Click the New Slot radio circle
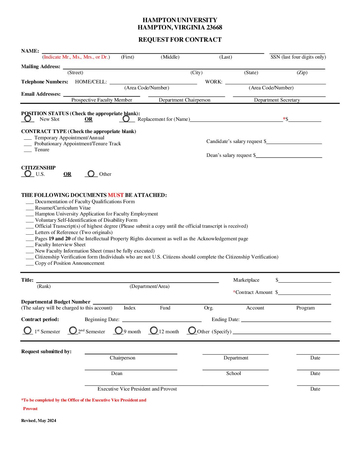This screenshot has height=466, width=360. [28, 118]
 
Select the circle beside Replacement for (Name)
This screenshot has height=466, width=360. [126, 118]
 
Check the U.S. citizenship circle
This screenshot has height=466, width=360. [28, 173]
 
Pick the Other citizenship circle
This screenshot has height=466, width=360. [91, 174]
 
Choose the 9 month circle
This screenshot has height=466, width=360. [118, 330]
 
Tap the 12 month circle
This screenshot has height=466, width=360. [154, 330]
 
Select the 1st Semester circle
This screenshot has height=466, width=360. [28, 331]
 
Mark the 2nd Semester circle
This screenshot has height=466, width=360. [73, 330]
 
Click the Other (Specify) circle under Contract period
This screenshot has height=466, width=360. [192, 330]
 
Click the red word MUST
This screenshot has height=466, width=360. [115, 195]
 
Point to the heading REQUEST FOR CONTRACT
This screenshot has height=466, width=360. [180, 40]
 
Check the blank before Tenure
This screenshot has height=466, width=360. [28, 150]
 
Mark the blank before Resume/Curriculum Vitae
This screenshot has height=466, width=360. [30, 208]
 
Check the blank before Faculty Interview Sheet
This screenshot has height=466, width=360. [30, 245]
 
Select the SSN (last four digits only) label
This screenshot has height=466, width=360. [298, 57]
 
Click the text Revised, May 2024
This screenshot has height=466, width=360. [39, 421]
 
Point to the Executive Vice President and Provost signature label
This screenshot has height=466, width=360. [137, 389]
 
